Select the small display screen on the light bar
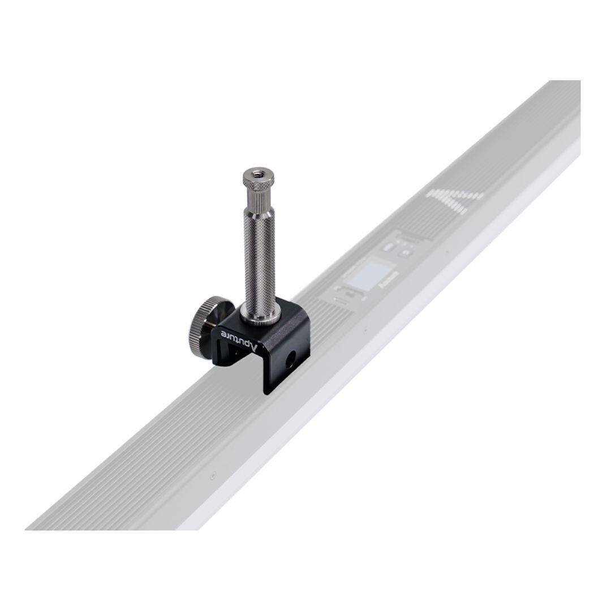(x=368, y=276)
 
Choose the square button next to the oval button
(x=405, y=253)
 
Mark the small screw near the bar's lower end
(x=212, y=476)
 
